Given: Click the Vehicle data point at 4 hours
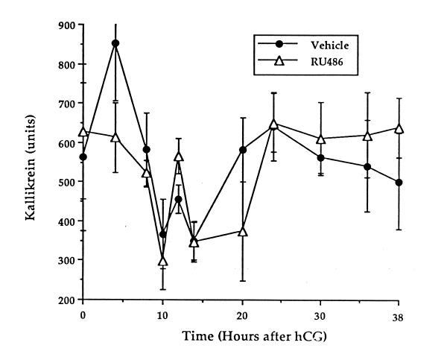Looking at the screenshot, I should pos(115,43).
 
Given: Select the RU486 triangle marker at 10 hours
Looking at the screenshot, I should pos(163,261).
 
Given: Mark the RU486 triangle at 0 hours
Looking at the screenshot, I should pos(83,131).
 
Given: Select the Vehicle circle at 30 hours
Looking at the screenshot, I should pos(321,158).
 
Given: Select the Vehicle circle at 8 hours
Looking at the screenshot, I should pos(147,150).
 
